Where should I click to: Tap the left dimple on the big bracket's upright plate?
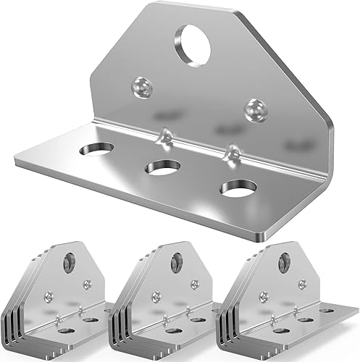[139, 88]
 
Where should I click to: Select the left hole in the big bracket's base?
[96, 149]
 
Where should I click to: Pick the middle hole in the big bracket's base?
[162, 168]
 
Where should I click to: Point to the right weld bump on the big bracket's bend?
[233, 151]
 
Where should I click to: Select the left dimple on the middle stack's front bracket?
[156, 295]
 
